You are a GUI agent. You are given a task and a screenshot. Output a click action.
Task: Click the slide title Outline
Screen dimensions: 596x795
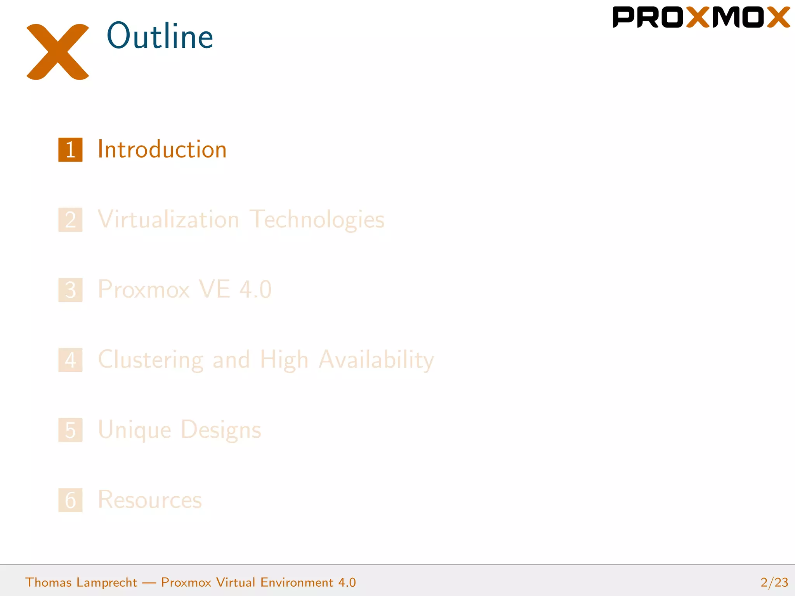tap(160, 36)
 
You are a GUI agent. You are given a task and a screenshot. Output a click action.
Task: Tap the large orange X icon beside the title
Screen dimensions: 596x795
tap(58, 52)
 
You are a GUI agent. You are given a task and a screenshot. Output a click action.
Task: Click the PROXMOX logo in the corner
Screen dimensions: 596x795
tap(701, 17)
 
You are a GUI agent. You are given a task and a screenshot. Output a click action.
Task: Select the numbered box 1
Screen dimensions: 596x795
tap(70, 150)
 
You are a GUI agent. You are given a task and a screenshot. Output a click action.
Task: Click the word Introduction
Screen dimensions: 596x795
tap(162, 150)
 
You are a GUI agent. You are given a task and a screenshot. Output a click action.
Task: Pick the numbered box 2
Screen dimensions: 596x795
tap(70, 220)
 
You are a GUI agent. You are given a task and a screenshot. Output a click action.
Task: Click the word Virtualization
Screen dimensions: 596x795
tap(168, 220)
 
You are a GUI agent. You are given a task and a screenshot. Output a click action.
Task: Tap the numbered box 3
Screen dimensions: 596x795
tap(70, 290)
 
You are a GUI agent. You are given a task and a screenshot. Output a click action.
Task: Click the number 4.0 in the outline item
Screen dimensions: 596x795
tap(255, 289)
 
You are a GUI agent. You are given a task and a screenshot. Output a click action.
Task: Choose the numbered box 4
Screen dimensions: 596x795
tap(70, 360)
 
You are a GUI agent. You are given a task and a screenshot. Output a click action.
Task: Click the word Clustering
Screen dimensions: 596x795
tap(151, 360)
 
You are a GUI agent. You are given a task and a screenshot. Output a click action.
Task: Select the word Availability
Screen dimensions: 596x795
tap(376, 360)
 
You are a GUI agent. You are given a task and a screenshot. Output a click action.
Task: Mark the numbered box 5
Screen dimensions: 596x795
tap(70, 430)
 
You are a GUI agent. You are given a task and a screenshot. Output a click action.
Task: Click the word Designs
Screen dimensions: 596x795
tap(221, 430)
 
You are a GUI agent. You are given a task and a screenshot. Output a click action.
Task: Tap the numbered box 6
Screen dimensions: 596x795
tap(70, 500)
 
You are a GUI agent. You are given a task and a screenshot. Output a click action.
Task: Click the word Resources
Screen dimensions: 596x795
tap(150, 500)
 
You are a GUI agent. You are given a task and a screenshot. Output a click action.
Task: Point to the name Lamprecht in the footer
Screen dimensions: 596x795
tap(107, 582)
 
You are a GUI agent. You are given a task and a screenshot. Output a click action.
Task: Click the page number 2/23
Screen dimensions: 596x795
tap(774, 582)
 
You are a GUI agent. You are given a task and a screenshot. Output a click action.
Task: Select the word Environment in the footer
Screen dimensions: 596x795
tap(297, 582)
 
